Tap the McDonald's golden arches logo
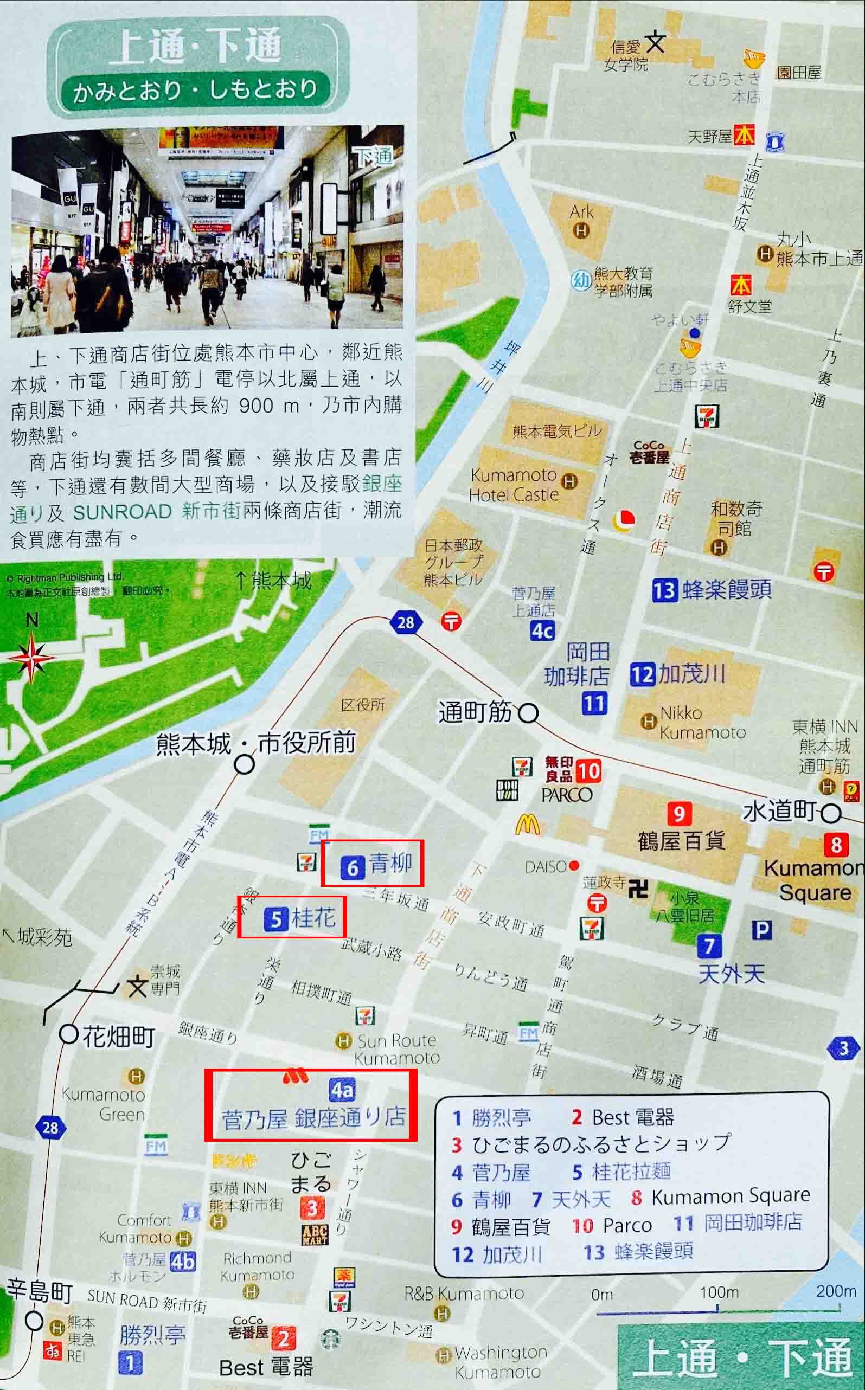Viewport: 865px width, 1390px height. (x=527, y=825)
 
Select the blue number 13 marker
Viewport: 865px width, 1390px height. (x=664, y=589)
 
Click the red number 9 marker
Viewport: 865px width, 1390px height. (x=679, y=813)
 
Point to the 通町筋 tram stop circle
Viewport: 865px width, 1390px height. (x=528, y=713)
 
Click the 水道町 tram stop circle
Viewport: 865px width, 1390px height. (x=832, y=813)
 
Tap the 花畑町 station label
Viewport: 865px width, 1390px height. (x=118, y=1035)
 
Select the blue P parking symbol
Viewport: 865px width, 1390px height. (x=761, y=930)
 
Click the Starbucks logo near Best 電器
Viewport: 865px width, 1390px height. (x=330, y=1339)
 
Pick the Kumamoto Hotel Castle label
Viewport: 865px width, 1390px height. (x=513, y=484)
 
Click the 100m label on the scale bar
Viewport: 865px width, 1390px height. (x=719, y=1292)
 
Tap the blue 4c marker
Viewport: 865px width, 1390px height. (x=542, y=631)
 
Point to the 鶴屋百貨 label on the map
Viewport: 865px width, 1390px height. (x=681, y=840)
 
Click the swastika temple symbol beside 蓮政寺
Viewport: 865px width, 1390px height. (x=638, y=889)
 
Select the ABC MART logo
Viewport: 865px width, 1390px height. (x=315, y=1234)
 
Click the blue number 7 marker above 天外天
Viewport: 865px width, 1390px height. (x=709, y=947)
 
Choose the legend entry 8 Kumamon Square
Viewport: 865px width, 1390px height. (x=721, y=1195)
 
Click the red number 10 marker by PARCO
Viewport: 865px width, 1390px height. (x=588, y=771)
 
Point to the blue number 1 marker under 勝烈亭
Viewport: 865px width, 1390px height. (x=130, y=1363)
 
